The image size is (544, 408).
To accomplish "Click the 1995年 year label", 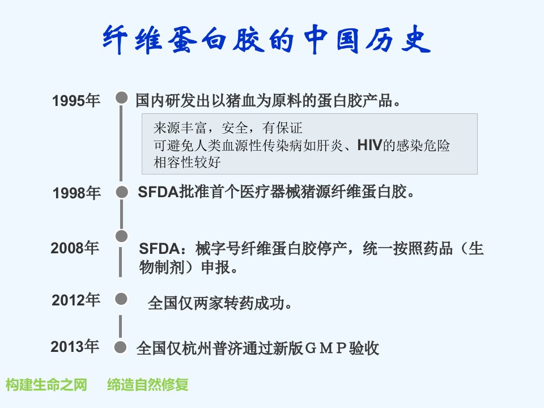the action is tap(76, 101).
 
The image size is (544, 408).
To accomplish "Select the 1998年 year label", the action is tap(76, 193).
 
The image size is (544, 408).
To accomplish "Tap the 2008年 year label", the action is tap(75, 248).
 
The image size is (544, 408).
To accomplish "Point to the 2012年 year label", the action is tap(76, 300).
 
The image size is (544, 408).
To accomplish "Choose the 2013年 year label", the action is tap(75, 346).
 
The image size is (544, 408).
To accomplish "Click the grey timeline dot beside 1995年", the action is tap(121, 97).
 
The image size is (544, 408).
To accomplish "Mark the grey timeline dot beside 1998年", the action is tap(122, 192).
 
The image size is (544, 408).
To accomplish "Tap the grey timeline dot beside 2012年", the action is tap(121, 299).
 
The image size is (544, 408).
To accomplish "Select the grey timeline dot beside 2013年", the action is tap(120, 347).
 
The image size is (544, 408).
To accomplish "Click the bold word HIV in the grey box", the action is tap(369, 145).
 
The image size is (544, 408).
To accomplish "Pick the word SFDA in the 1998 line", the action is tap(158, 192).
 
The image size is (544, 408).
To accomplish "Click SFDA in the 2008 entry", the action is tap(159, 249).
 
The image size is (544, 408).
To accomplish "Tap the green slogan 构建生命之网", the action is tap(46, 385).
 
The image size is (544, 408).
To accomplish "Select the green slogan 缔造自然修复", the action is tap(148, 385).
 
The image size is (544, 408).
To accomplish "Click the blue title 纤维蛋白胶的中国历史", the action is tap(266, 39).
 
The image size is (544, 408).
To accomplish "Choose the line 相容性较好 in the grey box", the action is tap(187, 162).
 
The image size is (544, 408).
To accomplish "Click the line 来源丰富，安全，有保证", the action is tap(228, 128).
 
